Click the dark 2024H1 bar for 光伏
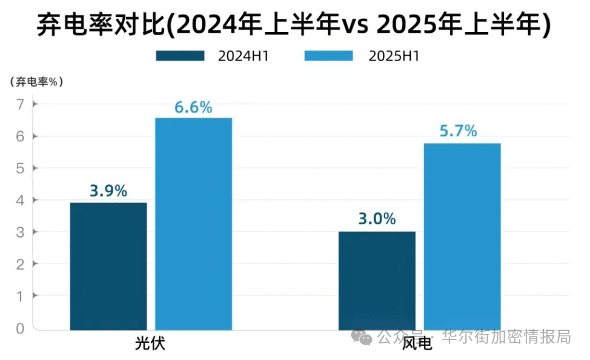click(108, 266)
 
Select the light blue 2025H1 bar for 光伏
click(193, 224)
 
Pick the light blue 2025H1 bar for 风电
click(462, 236)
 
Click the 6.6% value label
click(193, 108)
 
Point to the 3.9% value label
click(108, 191)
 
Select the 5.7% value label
click(459, 131)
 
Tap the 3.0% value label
click(377, 219)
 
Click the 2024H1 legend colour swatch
click(180, 56)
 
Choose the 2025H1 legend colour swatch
click(328, 56)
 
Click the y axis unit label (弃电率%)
click(37, 82)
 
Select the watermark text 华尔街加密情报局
click(506, 336)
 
